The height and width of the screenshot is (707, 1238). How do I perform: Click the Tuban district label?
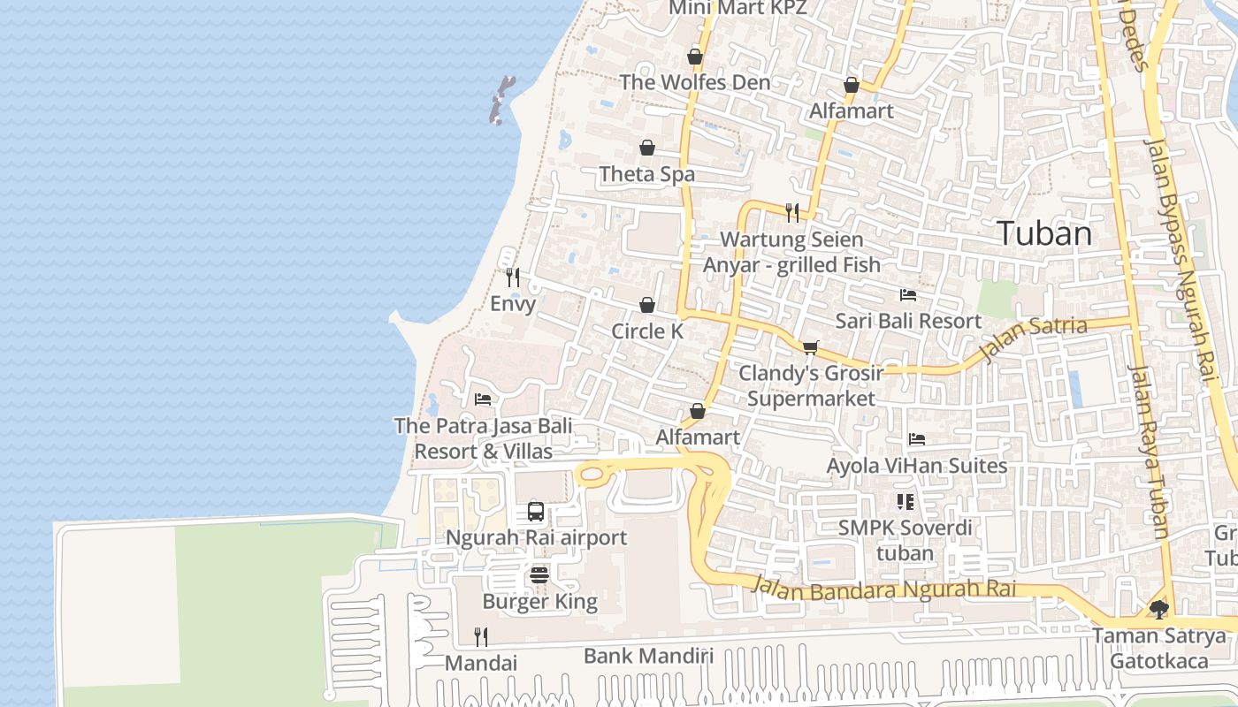click(x=1044, y=234)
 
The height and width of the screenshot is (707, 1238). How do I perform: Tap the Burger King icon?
click(x=539, y=575)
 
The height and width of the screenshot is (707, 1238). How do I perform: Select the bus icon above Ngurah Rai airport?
click(x=536, y=511)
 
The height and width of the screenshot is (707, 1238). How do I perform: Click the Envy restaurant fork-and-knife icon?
click(x=513, y=277)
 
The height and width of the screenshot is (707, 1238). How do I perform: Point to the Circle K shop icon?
click(x=647, y=305)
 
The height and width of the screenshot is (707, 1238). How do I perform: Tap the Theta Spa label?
click(x=647, y=174)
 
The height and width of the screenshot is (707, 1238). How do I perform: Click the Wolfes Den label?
click(x=694, y=82)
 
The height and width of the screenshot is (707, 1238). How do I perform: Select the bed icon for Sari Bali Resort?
click(x=908, y=294)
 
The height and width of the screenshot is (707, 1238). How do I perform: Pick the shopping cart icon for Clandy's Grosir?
click(x=810, y=347)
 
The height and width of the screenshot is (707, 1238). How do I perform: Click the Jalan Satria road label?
click(x=1033, y=339)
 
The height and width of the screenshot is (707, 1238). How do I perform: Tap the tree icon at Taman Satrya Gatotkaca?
click(x=1158, y=609)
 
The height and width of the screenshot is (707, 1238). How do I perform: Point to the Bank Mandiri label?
click(x=648, y=656)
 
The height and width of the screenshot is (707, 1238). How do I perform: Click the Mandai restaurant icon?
click(x=481, y=636)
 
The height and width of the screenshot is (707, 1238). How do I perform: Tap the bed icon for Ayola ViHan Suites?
click(x=917, y=439)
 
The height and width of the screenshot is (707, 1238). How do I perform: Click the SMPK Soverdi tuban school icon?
click(x=905, y=502)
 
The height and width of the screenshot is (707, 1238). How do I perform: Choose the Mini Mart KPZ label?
click(x=737, y=8)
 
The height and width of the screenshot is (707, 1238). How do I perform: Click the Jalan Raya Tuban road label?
click(x=1149, y=451)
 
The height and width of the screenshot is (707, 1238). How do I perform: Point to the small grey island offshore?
click(x=501, y=99)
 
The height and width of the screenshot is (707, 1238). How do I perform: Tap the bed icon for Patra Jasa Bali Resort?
click(x=483, y=399)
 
